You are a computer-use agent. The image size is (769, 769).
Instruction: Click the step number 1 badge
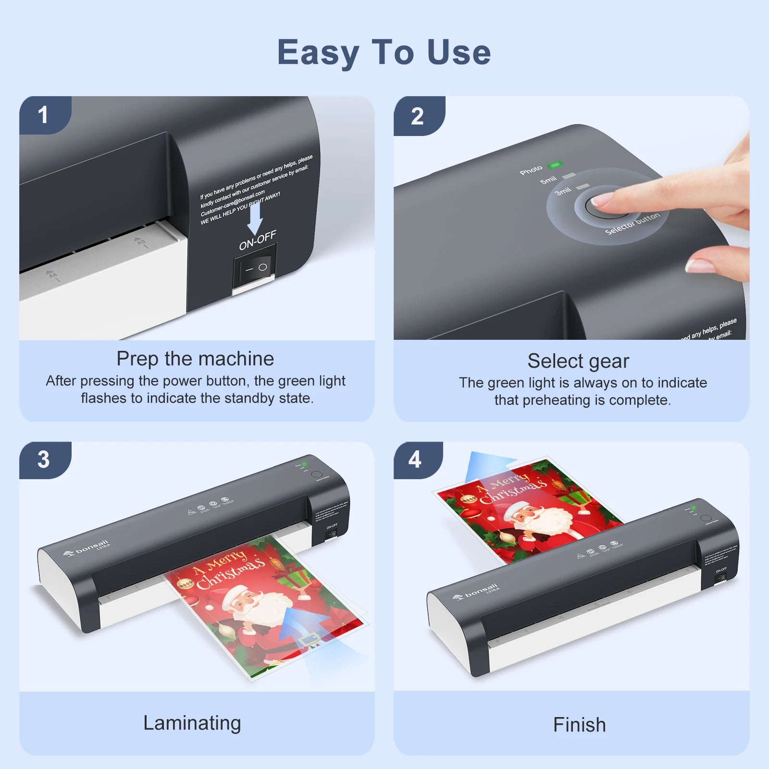(x=43, y=115)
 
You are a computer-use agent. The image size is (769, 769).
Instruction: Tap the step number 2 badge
(x=417, y=116)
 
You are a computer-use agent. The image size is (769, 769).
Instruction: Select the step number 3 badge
(x=43, y=459)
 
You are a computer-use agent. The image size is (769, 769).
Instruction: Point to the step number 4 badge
(x=415, y=459)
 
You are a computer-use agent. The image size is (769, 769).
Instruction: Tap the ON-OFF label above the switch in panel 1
(x=258, y=240)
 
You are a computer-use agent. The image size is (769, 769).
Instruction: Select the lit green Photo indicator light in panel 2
(x=555, y=165)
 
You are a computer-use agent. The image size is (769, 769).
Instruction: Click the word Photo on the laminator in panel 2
(x=531, y=170)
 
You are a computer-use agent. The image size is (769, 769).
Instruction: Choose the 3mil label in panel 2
(x=563, y=191)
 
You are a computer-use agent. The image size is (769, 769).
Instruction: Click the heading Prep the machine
(x=195, y=359)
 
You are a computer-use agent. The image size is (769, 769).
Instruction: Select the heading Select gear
(x=578, y=361)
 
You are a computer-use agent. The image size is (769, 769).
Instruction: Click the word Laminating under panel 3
(x=192, y=723)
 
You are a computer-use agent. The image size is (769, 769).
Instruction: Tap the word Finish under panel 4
(x=579, y=725)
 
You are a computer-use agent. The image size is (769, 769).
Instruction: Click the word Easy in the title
(x=318, y=53)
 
